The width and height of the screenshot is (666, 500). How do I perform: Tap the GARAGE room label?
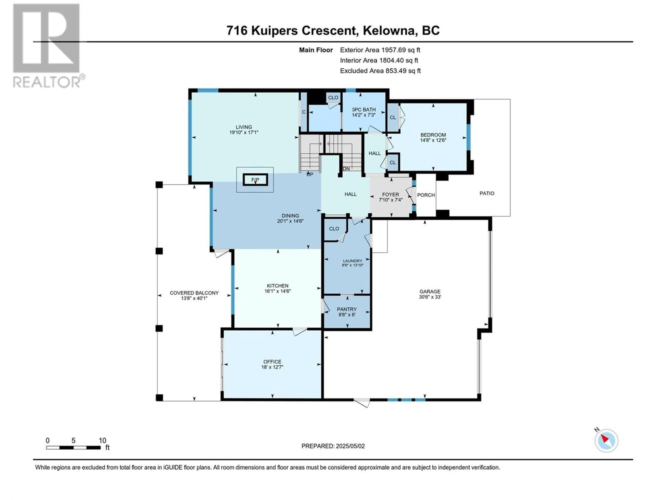pyautogui.click(x=430, y=291)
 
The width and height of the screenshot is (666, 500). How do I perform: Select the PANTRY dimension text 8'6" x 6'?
pyautogui.click(x=347, y=315)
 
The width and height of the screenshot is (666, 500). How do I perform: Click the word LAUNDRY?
pyautogui.click(x=353, y=261)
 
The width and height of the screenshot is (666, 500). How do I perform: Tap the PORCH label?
pyautogui.click(x=426, y=195)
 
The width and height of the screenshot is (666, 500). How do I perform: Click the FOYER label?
pyautogui.click(x=391, y=194)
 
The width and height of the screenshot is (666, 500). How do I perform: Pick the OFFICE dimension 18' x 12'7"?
pyautogui.click(x=272, y=367)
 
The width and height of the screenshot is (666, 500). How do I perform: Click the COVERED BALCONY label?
pyautogui.click(x=194, y=293)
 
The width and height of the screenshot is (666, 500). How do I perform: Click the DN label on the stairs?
pyautogui.click(x=346, y=169)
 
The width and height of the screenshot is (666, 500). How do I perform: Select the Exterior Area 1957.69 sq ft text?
pyautogui.click(x=380, y=50)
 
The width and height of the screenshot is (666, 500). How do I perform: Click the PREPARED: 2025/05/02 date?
pyautogui.click(x=333, y=446)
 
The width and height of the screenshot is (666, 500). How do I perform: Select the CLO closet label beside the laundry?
pyautogui.click(x=334, y=229)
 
